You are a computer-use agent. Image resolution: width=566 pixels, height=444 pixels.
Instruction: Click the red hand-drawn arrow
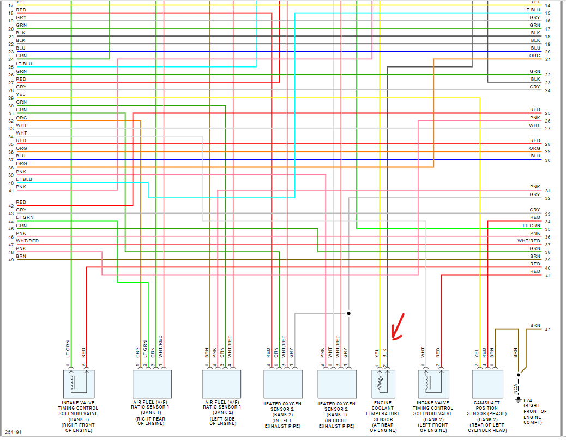pos(398,327)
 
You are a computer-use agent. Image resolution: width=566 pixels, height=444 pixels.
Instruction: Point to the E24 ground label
pos(528,399)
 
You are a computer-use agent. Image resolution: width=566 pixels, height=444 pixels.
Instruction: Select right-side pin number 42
pos(547,330)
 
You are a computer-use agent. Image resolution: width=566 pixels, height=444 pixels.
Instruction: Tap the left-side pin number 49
pos(10,260)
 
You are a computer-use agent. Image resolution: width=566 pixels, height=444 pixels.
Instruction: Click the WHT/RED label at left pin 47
pos(27,241)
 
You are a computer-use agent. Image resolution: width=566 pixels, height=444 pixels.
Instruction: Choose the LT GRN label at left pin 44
pos(24,217)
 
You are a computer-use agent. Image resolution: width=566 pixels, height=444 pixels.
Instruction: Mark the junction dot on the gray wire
pos(348,313)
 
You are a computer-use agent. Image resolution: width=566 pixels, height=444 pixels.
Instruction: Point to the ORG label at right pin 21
pos(534,56)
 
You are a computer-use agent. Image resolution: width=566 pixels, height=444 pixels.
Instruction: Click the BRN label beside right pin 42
pos(534,326)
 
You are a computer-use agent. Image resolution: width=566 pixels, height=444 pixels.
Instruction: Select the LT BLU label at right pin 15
pos(532,10)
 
